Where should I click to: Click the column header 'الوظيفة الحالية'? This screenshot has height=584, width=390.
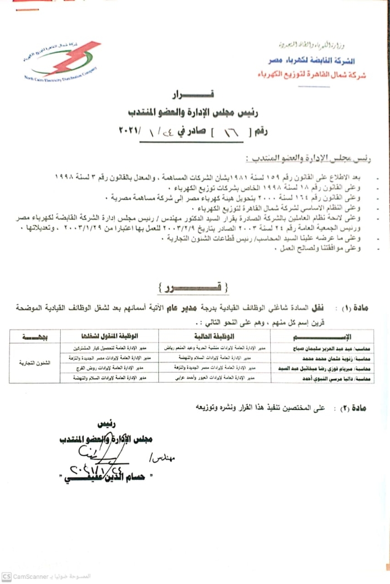point(214,336)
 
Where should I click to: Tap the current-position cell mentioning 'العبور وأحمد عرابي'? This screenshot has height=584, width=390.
point(214,379)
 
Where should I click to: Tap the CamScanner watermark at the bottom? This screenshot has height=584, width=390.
point(31,576)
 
